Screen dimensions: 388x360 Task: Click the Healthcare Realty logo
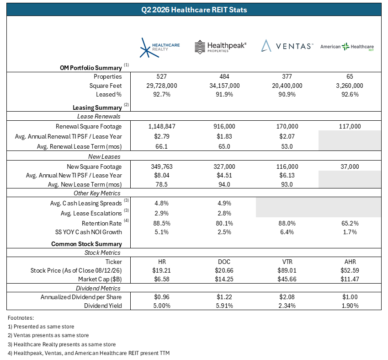point(159,48)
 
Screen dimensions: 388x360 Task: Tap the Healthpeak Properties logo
point(220,47)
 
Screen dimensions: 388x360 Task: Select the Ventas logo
point(287,46)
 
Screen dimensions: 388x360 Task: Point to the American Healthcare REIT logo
point(347,47)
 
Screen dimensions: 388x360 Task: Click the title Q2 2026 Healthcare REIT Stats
point(194,10)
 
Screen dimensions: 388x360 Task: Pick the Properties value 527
point(162,76)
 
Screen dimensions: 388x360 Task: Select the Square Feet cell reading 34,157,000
point(224,86)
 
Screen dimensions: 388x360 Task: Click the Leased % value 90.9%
point(287,94)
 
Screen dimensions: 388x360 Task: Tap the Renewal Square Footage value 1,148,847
point(162,126)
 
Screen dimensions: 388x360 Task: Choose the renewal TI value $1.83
point(224,136)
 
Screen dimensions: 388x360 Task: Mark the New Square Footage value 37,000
point(350,167)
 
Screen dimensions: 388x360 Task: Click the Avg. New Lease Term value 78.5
point(162,184)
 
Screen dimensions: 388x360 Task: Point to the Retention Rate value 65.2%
point(350,223)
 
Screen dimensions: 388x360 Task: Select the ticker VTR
point(287,262)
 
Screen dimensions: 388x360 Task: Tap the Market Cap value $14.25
point(224,279)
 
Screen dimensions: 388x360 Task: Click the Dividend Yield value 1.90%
point(350,306)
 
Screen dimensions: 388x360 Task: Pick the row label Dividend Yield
point(103,306)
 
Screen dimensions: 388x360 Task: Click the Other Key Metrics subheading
point(97,193)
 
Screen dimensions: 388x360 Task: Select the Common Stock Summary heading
point(87,244)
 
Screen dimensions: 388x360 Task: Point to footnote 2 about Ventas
point(48,335)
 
